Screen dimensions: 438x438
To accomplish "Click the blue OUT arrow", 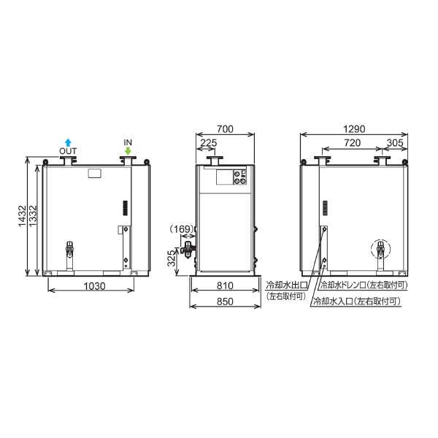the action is [x=68, y=142].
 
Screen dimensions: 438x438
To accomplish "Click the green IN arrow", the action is [x=128, y=151].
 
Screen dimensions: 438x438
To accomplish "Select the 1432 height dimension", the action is [x=22, y=216].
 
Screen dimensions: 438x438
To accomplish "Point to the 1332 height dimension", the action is [x=33, y=216].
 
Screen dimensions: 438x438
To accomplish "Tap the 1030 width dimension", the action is [x=94, y=286].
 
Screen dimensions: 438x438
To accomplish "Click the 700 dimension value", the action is [x=225, y=129].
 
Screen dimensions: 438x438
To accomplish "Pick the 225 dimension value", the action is [x=209, y=143].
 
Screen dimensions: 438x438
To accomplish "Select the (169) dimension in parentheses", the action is [x=182, y=229].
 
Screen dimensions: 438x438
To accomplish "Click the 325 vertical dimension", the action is [x=172, y=258].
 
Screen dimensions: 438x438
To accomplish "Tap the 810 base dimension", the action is [x=225, y=285].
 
